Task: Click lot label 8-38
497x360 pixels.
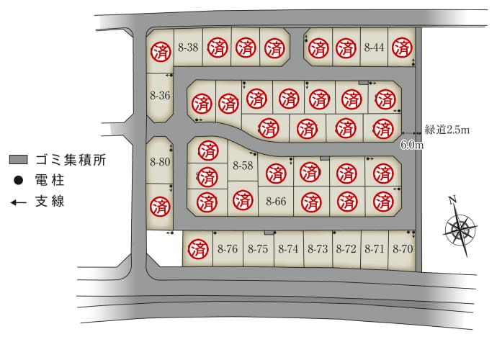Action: (x=188, y=48)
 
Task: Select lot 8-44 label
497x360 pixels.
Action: (x=374, y=48)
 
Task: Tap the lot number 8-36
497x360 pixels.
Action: (x=160, y=95)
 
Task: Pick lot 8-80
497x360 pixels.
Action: (x=160, y=162)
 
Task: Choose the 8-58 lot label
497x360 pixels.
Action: (x=243, y=165)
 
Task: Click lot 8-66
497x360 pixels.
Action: (x=276, y=201)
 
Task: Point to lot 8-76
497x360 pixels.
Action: (x=228, y=249)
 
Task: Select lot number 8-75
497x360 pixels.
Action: (x=258, y=249)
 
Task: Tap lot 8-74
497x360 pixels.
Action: (x=288, y=249)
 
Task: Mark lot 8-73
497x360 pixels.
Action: (x=318, y=249)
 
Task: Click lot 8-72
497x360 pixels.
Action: (x=346, y=249)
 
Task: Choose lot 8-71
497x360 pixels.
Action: (x=375, y=249)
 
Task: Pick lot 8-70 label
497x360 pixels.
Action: (x=403, y=249)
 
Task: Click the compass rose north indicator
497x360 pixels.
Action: (x=452, y=200)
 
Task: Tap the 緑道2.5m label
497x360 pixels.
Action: (x=447, y=130)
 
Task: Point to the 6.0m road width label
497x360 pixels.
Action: (x=412, y=145)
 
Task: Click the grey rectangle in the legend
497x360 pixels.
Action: (x=19, y=159)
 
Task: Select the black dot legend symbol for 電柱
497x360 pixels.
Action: (x=19, y=180)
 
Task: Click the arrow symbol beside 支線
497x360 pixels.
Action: (x=19, y=202)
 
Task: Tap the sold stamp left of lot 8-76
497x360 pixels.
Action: (x=198, y=249)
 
